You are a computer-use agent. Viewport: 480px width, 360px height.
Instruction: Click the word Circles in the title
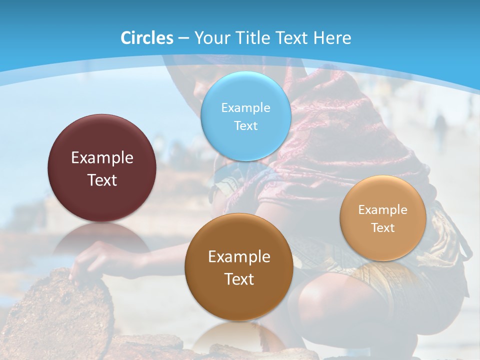[x=146, y=38]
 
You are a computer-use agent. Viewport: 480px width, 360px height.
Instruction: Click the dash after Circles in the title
[x=183, y=38]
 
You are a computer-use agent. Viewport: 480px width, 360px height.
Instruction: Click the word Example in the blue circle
[x=245, y=107]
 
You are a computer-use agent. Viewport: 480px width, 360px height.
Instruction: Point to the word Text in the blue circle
[x=245, y=125]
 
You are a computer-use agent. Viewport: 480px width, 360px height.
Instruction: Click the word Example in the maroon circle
[x=102, y=158]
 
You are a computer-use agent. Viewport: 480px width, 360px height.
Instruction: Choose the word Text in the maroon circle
[x=102, y=180]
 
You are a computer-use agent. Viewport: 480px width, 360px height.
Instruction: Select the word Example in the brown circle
[x=239, y=257]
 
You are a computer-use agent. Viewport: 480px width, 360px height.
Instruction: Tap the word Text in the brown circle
[x=239, y=279]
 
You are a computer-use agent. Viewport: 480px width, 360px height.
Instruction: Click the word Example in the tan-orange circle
[x=382, y=209]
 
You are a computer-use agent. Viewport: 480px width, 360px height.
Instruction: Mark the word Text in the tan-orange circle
[x=382, y=227]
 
